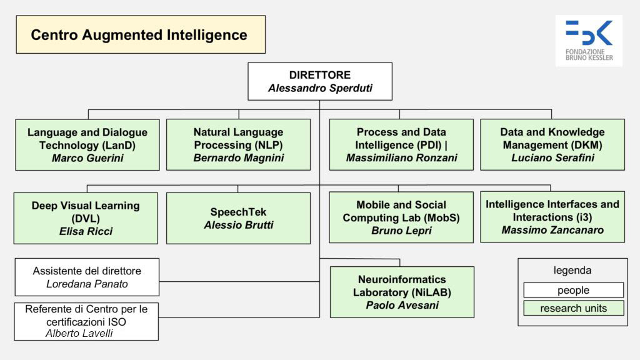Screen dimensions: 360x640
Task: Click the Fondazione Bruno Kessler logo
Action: [x=588, y=40]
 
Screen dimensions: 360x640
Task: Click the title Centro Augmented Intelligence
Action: [x=139, y=35]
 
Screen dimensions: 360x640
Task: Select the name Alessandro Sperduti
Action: [x=320, y=88]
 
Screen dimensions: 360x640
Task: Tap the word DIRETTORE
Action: [x=320, y=75]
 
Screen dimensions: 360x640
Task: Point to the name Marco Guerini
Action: [x=87, y=158]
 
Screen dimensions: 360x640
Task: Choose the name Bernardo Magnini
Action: [x=238, y=158]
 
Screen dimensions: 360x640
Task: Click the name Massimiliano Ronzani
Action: [x=401, y=158]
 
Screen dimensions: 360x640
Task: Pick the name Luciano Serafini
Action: [x=552, y=158]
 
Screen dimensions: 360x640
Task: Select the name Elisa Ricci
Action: [x=86, y=232]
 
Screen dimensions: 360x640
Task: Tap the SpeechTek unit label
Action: [x=238, y=212]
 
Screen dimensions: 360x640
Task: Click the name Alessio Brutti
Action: [x=238, y=225]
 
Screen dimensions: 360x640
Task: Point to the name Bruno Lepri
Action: [x=401, y=231]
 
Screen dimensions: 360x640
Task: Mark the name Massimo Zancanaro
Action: [x=552, y=230]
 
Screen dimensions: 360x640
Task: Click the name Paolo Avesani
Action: [x=402, y=305]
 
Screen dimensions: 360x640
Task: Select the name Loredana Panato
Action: [x=87, y=284]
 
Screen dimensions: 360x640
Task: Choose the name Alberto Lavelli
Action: [x=79, y=333]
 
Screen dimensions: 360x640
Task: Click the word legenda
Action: [x=572, y=271]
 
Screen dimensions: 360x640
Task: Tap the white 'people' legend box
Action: [x=573, y=290]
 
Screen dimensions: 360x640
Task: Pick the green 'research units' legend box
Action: [x=573, y=308]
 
